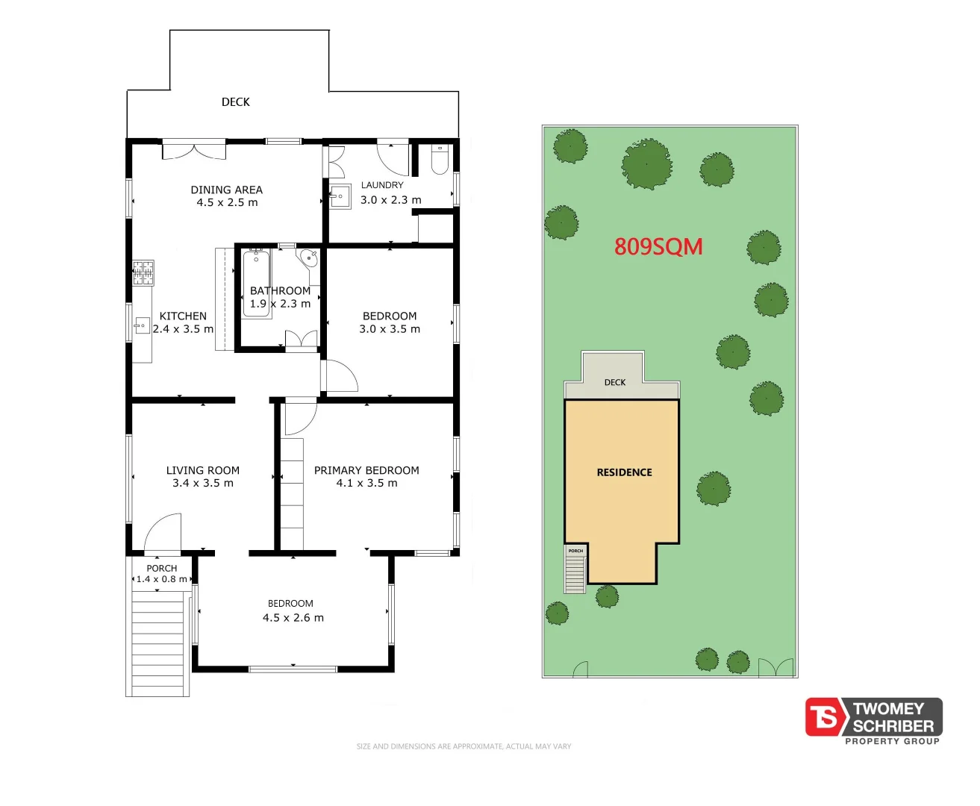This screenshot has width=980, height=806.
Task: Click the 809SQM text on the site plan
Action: pos(658,246)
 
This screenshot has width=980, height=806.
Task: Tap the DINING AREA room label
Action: pos(226,190)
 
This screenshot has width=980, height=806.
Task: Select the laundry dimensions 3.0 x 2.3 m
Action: pos(390,200)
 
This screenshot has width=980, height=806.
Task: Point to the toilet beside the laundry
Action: pos(440,159)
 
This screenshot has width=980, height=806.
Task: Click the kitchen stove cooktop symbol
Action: pos(143,272)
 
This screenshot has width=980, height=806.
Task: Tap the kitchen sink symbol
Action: pos(142,325)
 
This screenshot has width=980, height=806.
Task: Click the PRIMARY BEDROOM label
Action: pos(366,470)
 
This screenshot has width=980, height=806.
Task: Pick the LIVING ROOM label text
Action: pos(203,470)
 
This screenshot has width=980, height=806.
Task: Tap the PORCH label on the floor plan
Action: pos(162,568)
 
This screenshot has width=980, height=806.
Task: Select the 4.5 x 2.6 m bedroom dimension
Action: pos(293,618)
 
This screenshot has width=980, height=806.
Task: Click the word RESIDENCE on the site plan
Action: pos(624,472)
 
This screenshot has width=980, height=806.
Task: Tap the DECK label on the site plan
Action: pos(615,382)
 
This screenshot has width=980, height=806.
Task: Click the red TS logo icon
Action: pos(825,717)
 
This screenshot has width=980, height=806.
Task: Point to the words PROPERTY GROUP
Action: pos(892,741)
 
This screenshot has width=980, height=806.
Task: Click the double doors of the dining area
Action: pos(194,150)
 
